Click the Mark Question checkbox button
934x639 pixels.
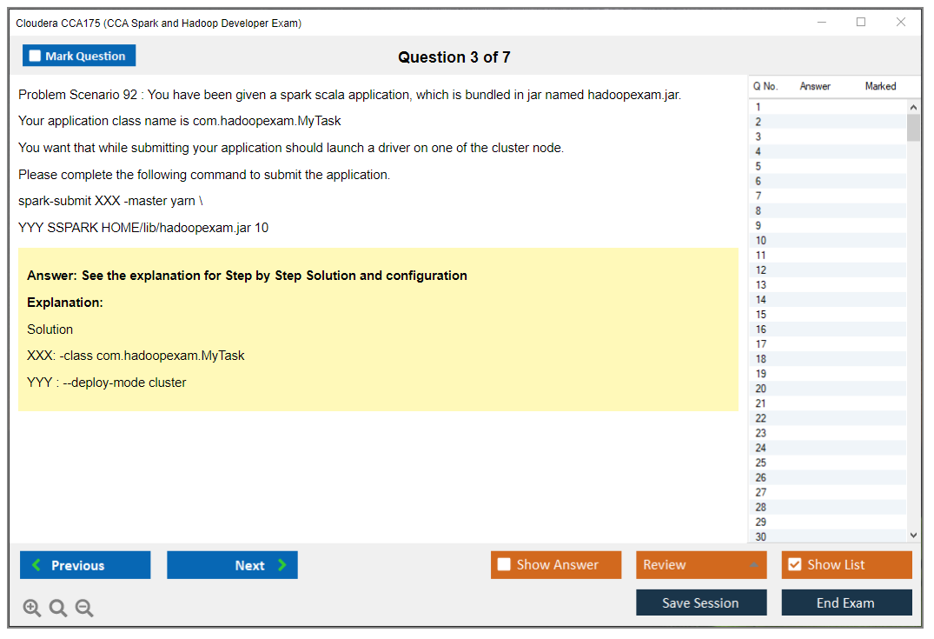click(78, 56)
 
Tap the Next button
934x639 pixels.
click(232, 564)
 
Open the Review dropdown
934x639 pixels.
click(701, 564)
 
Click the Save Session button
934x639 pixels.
click(701, 602)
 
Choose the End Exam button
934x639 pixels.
click(846, 602)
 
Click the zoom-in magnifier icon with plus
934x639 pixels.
click(32, 608)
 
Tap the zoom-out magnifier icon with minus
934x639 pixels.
click(84, 608)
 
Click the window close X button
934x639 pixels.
click(901, 22)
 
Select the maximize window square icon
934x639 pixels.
click(861, 22)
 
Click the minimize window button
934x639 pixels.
click(822, 22)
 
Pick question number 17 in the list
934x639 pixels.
click(760, 344)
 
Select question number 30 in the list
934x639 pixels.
click(760, 536)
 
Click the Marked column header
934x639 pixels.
click(880, 86)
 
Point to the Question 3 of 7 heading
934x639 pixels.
click(454, 57)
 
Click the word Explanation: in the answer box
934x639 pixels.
click(65, 303)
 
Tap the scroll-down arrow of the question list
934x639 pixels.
click(914, 536)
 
